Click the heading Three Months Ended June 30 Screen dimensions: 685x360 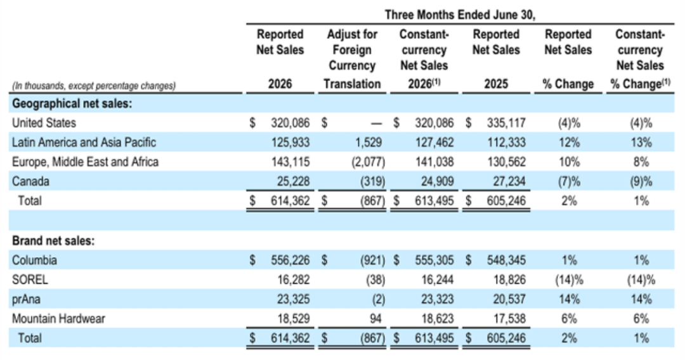tap(460, 15)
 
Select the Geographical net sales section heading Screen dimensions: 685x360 tap(72, 103)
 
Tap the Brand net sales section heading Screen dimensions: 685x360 tap(53, 240)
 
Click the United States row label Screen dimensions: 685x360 tap(44, 122)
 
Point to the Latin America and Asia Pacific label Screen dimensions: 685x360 tap(84, 142)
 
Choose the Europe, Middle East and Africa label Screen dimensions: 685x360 tap(85, 162)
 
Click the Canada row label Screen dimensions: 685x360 tap(30, 181)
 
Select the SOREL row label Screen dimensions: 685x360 tap(30, 280)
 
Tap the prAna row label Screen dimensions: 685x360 tap(26, 299)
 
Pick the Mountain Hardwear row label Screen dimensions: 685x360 tap(58, 319)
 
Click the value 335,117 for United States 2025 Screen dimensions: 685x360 tap(506, 122)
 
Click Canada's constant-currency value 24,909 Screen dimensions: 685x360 tap(437, 181)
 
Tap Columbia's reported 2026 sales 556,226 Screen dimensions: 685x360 tap(290, 260)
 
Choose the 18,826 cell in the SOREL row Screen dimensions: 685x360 tap(509, 280)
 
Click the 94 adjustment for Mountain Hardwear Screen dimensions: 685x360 tap(375, 319)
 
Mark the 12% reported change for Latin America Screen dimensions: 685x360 tap(569, 142)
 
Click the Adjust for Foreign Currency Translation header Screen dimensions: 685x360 tap(352, 58)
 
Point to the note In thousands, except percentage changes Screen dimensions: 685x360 tap(94, 86)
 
